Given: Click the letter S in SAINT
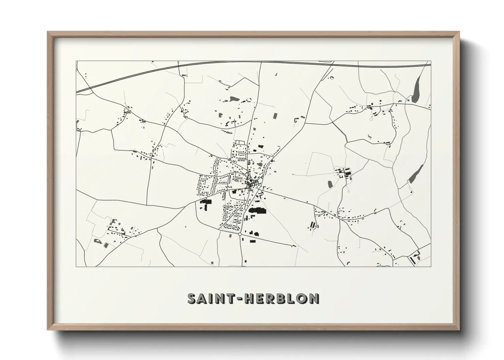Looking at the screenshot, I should click(193, 298).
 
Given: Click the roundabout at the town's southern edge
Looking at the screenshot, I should click(240, 234).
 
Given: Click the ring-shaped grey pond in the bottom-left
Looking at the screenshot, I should click(97, 241).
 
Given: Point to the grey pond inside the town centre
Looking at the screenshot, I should click(260, 165).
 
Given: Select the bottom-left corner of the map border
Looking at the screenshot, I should click(76, 267).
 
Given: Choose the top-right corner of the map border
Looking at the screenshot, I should click(431, 61).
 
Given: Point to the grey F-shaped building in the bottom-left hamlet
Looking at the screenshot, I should click(112, 221).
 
